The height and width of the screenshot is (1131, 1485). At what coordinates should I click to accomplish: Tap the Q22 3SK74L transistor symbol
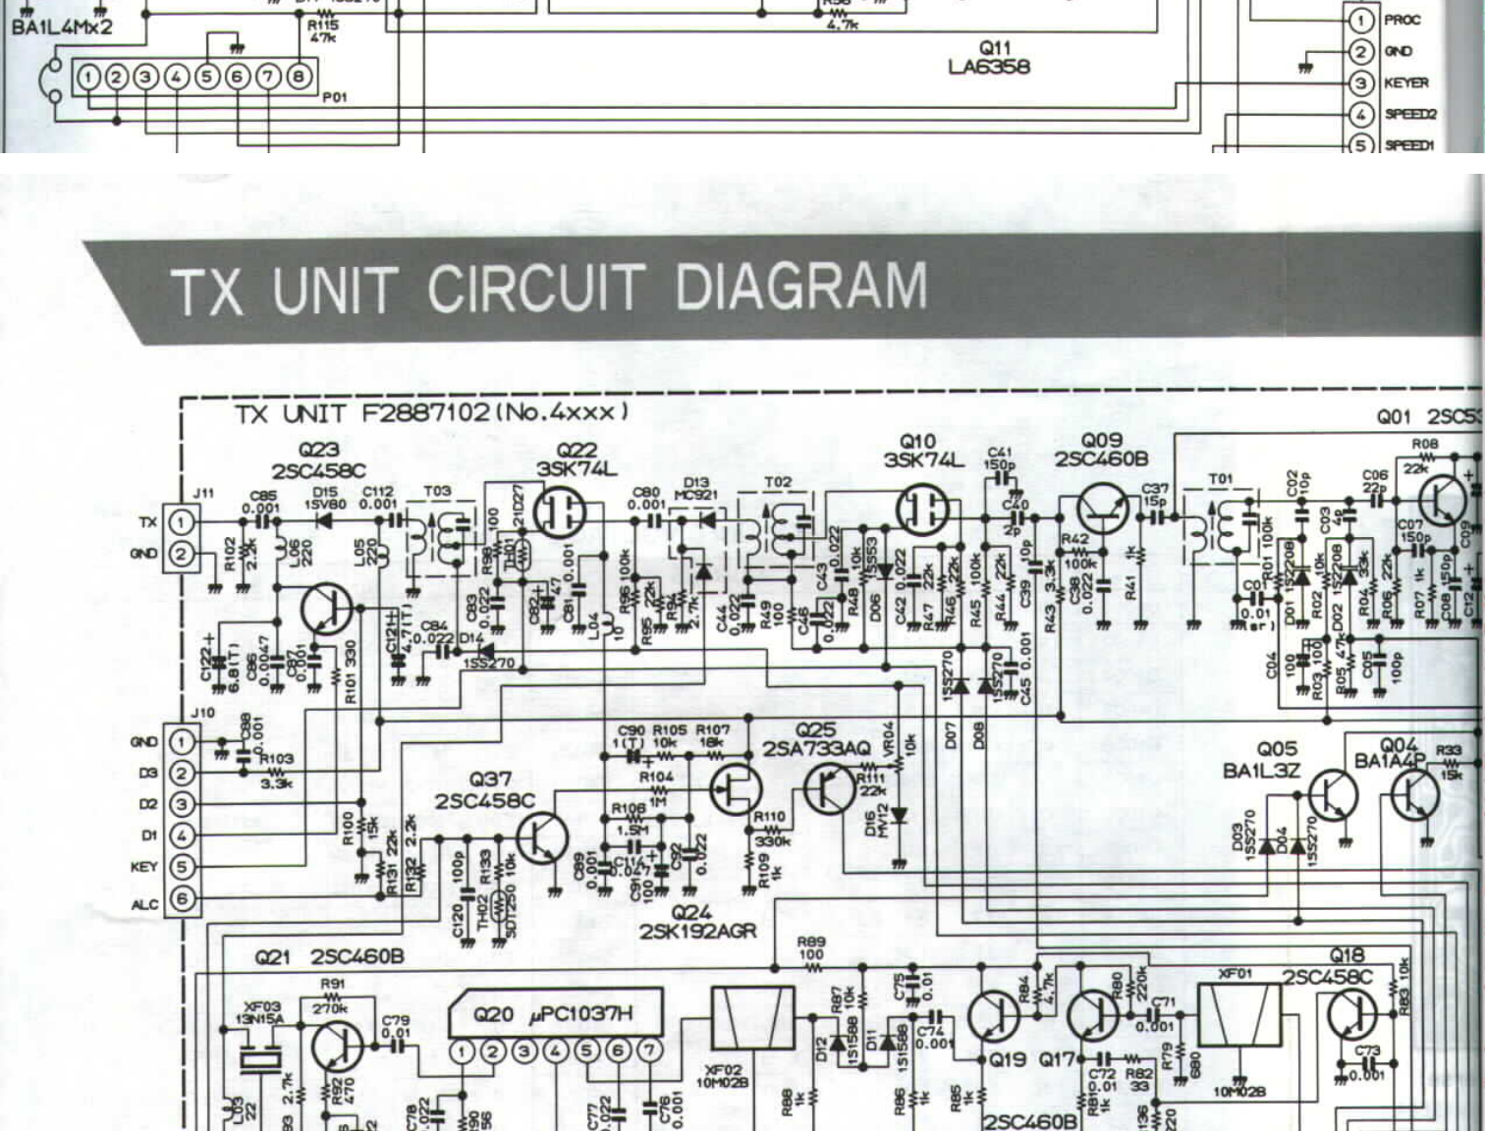tap(561, 512)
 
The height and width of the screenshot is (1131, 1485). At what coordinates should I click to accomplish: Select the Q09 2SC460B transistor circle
tap(1102, 510)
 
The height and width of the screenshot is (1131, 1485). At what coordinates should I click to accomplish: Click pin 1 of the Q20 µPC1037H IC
tap(463, 1051)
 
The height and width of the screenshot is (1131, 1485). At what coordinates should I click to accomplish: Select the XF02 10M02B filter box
tap(752, 1017)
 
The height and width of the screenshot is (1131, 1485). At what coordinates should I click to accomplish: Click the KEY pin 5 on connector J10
tap(182, 867)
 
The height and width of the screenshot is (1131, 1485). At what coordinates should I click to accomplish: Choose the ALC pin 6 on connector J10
tap(182, 898)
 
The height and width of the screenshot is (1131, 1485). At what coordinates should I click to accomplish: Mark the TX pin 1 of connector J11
tap(181, 521)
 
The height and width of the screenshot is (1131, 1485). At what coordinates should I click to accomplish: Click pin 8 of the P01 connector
tap(299, 76)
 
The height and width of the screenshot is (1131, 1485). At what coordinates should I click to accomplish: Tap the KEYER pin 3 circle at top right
tap(1360, 83)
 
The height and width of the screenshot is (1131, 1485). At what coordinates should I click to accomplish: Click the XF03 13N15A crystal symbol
tap(262, 1061)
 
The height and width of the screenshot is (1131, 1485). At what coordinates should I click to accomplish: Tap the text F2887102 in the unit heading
tap(424, 413)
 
